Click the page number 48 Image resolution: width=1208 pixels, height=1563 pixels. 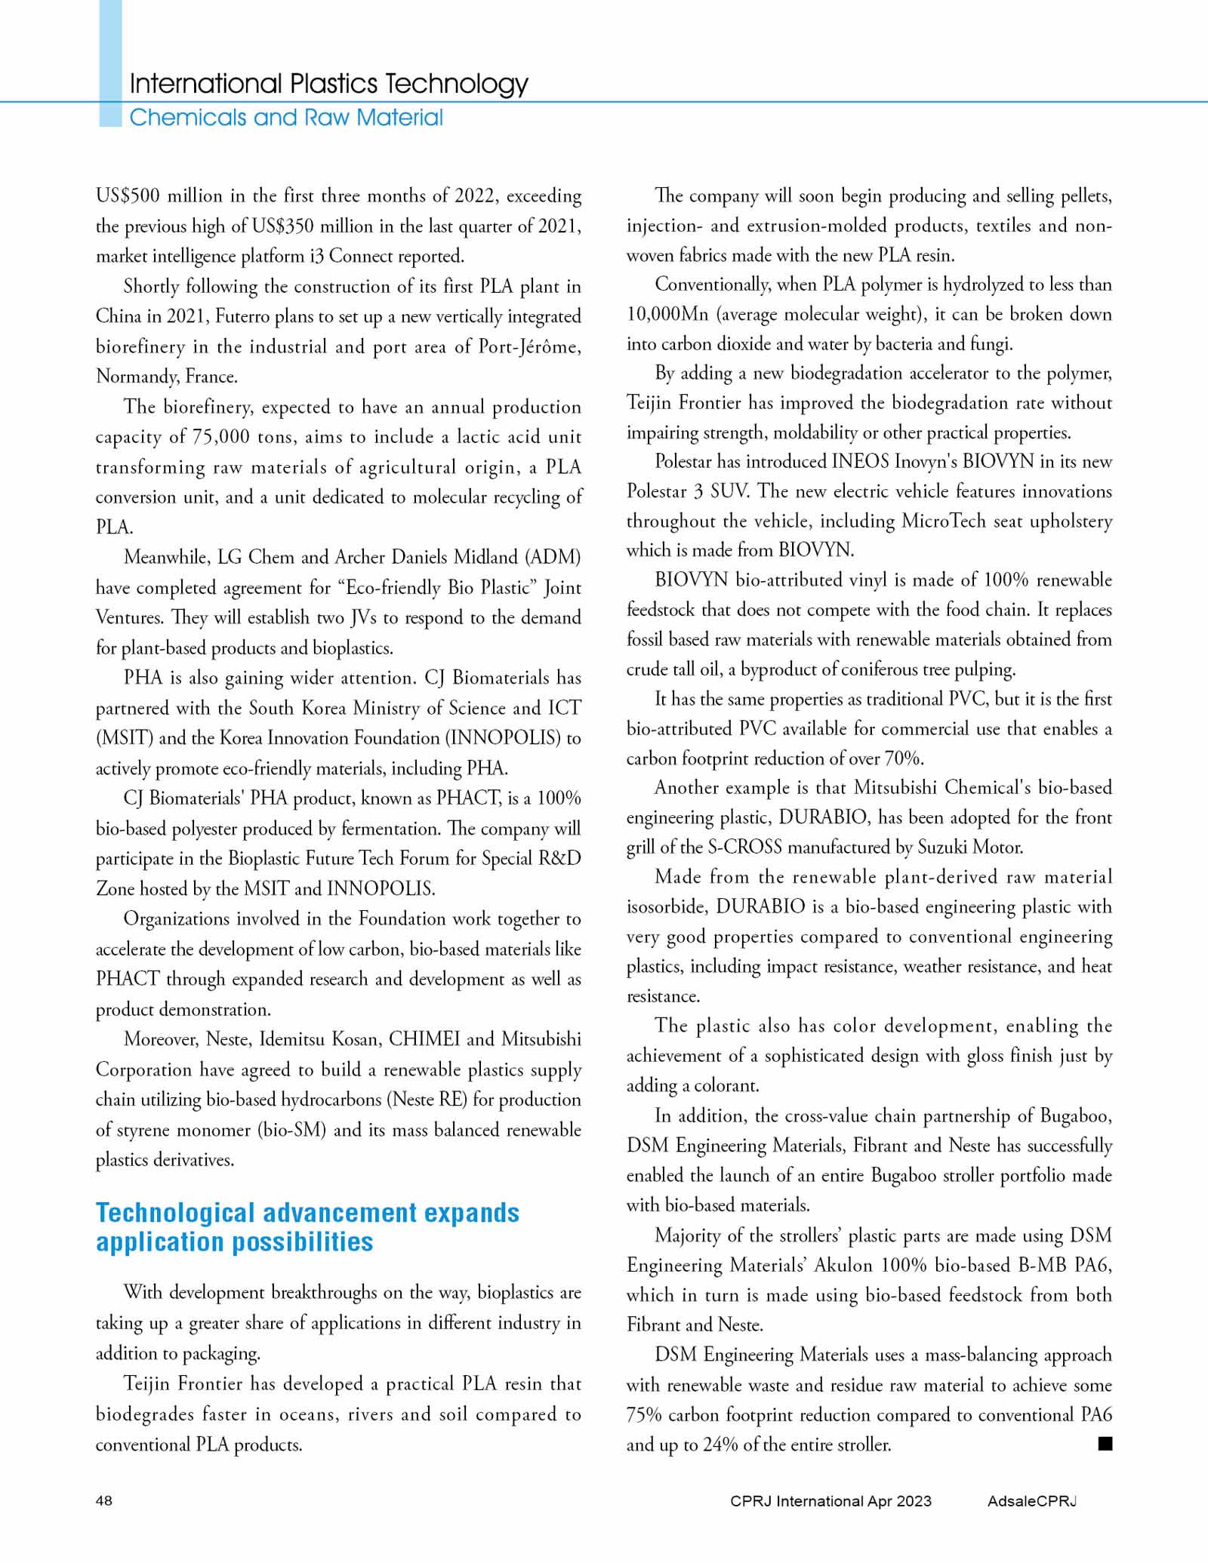[104, 1500]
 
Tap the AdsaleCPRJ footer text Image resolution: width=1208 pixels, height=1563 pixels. [1031, 1500]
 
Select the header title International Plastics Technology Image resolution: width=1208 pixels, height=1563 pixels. [328, 83]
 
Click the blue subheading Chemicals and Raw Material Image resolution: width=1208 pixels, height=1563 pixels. [286, 118]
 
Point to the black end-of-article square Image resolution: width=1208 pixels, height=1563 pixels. [1105, 1444]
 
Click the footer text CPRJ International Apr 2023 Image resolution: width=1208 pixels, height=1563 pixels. [830, 1500]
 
